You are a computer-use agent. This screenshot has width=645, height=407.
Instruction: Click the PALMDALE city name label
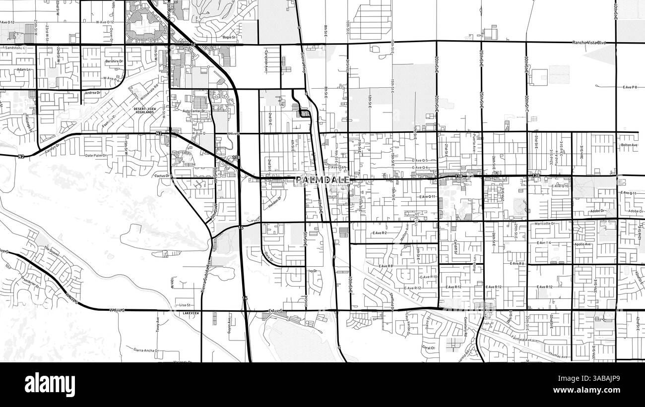(x=322, y=179)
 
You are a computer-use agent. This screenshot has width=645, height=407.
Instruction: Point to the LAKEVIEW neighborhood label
(x=191, y=314)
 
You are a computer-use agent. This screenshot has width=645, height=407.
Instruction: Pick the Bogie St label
(x=229, y=37)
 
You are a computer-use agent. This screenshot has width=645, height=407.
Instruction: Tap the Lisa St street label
(x=185, y=305)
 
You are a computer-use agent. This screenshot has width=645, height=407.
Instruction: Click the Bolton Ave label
(x=629, y=145)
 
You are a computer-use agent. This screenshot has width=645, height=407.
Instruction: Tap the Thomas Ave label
(x=559, y=355)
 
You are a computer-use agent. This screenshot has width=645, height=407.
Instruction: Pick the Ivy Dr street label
(x=313, y=271)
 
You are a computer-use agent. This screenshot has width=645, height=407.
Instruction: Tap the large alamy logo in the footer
(x=50, y=384)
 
